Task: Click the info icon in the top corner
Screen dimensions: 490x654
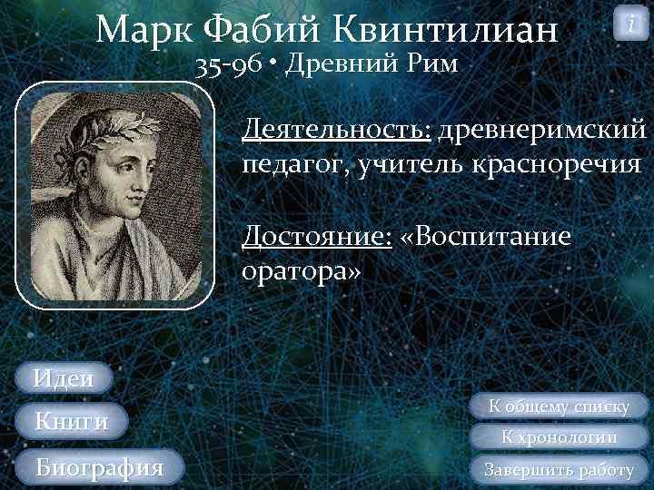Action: click(630, 23)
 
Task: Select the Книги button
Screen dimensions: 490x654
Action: click(71, 421)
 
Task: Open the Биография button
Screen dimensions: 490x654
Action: click(99, 467)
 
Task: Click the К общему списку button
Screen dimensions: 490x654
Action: click(559, 407)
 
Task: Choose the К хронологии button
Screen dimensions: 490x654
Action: click(560, 437)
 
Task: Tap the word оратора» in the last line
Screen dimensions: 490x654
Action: click(302, 271)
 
